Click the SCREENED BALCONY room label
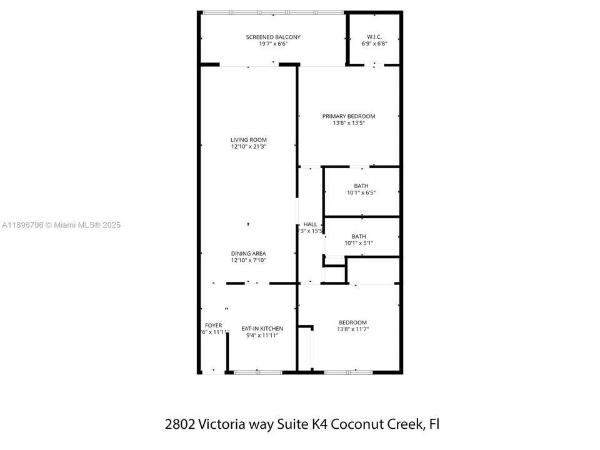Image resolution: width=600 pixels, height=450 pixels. tap(272, 37)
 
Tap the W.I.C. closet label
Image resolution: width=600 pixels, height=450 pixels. tap(374, 37)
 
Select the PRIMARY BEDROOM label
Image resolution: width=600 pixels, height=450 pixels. tap(348, 116)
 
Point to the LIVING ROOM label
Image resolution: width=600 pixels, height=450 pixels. tap(249, 139)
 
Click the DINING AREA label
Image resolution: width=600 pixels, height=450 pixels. tap(249, 253)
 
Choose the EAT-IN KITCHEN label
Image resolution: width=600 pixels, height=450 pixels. tap(262, 328)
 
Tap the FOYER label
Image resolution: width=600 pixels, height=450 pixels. tap(213, 325)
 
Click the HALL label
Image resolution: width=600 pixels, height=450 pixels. tap(310, 224)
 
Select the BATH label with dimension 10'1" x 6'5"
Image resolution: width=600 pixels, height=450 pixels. tap(361, 186)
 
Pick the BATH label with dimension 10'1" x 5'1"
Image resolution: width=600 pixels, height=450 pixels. tap(358, 236)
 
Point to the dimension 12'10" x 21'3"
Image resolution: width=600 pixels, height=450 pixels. tap(249, 147)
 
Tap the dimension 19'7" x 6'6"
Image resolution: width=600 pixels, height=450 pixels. tap(272, 44)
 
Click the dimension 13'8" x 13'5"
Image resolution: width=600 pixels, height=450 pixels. tap(348, 124)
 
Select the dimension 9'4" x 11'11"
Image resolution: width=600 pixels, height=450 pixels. tap(262, 336)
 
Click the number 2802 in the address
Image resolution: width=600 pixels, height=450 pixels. tap(179, 424)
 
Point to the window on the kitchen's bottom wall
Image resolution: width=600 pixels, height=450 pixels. tap(257, 372)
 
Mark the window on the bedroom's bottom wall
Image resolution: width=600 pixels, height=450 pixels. tap(348, 372)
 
